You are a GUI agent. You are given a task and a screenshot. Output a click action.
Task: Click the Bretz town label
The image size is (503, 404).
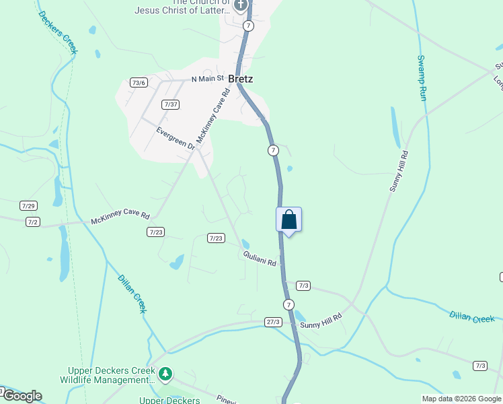click(240, 79)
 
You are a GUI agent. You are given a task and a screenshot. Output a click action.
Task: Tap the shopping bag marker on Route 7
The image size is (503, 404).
click(288, 220)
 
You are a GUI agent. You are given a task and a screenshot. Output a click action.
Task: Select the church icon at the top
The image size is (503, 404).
click(241, 6)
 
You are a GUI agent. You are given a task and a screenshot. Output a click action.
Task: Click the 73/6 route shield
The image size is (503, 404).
click(139, 83)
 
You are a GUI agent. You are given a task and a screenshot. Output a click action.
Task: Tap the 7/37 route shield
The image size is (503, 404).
click(170, 104)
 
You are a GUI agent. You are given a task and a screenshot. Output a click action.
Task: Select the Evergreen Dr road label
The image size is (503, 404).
click(175, 137)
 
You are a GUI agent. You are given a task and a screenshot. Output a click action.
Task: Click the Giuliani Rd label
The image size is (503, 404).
click(260, 258)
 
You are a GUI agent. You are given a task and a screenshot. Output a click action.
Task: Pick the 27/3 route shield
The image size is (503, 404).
click(272, 322)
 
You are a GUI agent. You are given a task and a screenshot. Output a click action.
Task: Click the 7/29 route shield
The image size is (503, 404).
click(28, 205)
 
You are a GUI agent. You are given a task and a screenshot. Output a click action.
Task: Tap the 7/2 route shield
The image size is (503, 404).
click(33, 222)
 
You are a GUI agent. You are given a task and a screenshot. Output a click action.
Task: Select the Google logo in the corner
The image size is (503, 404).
click(22, 396)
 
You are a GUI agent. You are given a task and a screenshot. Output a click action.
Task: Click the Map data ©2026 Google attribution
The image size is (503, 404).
click(461, 399)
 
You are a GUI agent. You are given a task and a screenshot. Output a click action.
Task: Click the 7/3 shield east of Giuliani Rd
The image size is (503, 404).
click(303, 285)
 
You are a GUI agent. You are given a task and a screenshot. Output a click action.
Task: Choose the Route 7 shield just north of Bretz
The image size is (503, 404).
click(249, 26)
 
